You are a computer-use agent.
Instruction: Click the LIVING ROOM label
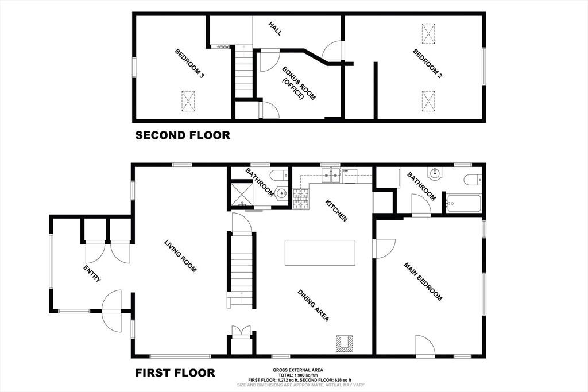[x=180, y=256]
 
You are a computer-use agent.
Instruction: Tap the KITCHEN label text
[x=336, y=210]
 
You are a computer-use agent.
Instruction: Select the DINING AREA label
[x=314, y=305]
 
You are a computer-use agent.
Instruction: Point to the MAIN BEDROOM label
[x=423, y=281]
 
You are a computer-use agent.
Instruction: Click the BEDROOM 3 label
[x=189, y=63]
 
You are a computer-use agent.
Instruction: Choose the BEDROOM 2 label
[x=427, y=63]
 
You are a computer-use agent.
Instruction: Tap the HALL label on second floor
[x=275, y=29]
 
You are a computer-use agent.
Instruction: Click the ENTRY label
[x=92, y=274]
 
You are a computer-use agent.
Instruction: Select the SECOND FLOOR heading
[x=183, y=135]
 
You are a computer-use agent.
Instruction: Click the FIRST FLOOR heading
[x=175, y=373]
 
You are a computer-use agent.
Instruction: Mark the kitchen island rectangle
[x=320, y=253]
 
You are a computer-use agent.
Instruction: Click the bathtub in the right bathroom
[x=463, y=204]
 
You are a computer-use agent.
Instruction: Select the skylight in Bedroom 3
[x=188, y=101]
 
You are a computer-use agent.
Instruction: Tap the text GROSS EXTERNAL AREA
[x=298, y=370]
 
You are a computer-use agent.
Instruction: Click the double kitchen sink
[x=331, y=174]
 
